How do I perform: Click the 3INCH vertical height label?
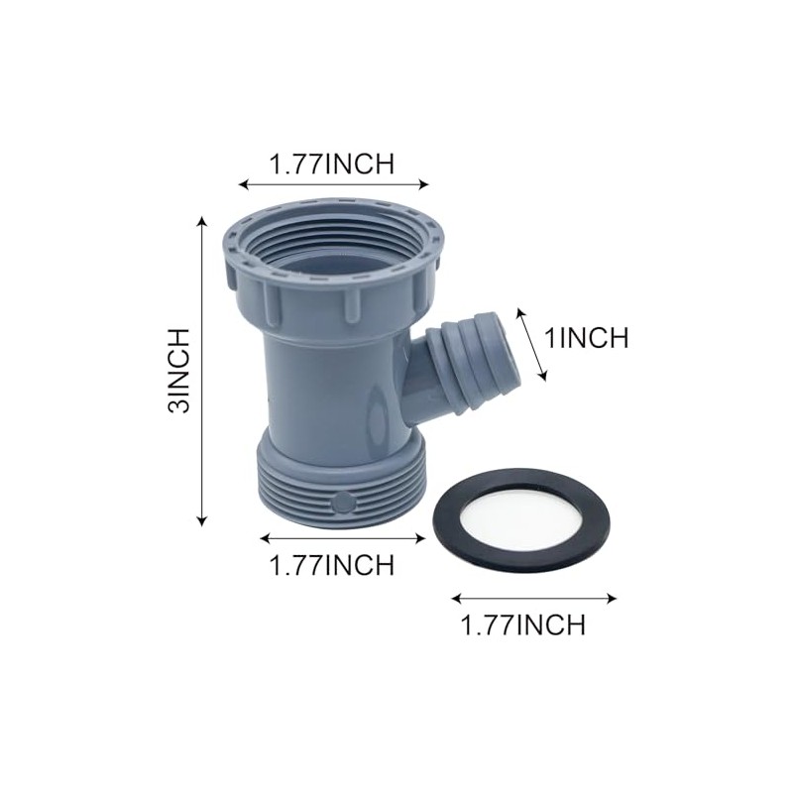[x=178, y=369]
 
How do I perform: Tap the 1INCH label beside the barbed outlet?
[x=588, y=338]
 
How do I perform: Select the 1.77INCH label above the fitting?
[x=332, y=165]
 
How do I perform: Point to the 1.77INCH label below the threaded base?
[x=332, y=565]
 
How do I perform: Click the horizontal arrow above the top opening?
[x=334, y=183]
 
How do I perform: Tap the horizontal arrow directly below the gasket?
[x=534, y=599]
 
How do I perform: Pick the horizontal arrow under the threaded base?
[x=342, y=538]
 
